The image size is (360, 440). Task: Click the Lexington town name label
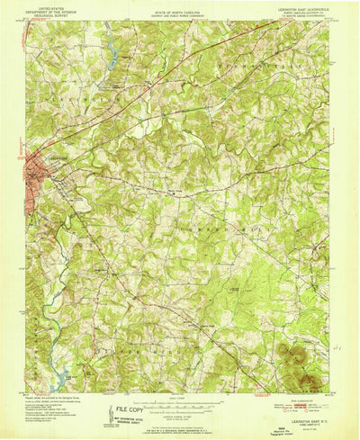pyautogui.click(x=56, y=156)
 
